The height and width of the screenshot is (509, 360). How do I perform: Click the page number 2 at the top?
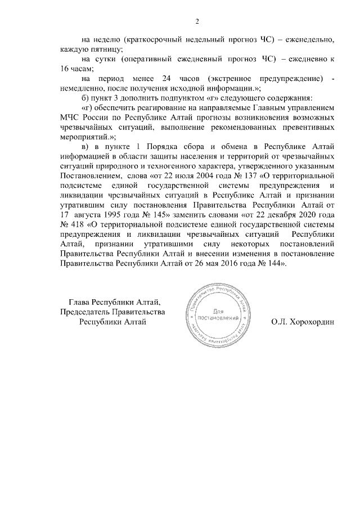point(197,22)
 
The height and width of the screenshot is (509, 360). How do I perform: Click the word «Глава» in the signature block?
point(79,302)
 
